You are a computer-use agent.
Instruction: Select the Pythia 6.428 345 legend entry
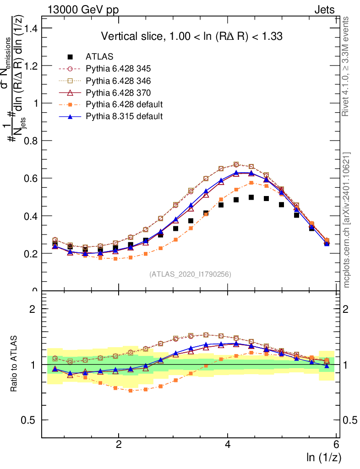pos(118,69)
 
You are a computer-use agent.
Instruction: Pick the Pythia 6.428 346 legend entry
pos(118,81)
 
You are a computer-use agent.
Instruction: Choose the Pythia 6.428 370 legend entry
pos(118,93)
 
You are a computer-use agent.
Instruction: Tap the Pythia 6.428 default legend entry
pos(124,104)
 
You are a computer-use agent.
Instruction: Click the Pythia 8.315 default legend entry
pos(124,116)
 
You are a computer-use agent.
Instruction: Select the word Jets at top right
pos(324,10)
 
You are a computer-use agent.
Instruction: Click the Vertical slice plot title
pos(192,36)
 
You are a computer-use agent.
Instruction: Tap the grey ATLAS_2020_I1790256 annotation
pos(190,274)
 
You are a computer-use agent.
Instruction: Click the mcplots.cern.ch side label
pos(347,220)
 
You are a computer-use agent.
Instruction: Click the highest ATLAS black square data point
pos(251,197)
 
